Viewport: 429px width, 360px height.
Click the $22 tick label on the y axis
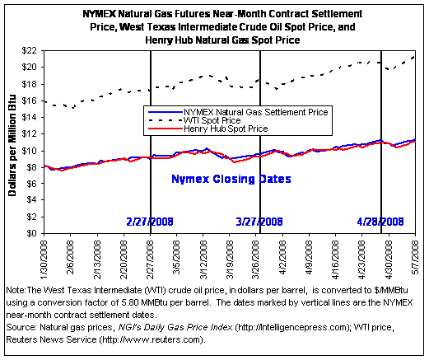pos(29,51)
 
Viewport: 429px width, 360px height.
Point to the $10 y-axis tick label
pos(29,151)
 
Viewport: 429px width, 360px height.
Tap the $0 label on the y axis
pos(31,233)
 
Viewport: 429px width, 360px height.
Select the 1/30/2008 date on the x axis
pos(44,259)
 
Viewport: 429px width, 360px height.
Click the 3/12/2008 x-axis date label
pos(203,259)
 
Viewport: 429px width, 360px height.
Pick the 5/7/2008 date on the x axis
pos(415,257)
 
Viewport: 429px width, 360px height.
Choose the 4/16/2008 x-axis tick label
pos(335,259)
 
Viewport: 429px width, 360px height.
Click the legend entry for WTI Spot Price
pos(194,120)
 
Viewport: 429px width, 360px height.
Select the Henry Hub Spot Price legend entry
pos(208,129)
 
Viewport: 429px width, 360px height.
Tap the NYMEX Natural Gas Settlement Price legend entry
pos(238,112)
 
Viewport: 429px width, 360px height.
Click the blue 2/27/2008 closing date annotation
pos(150,222)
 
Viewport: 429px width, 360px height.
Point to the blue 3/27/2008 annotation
pos(259,222)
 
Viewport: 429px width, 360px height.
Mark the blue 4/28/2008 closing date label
pos(380,222)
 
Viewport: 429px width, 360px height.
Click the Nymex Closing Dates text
pos(231,179)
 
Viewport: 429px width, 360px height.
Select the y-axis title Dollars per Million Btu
pos(12,146)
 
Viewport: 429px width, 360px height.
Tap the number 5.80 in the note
pos(130,302)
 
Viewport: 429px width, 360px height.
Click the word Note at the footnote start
pos(16,290)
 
